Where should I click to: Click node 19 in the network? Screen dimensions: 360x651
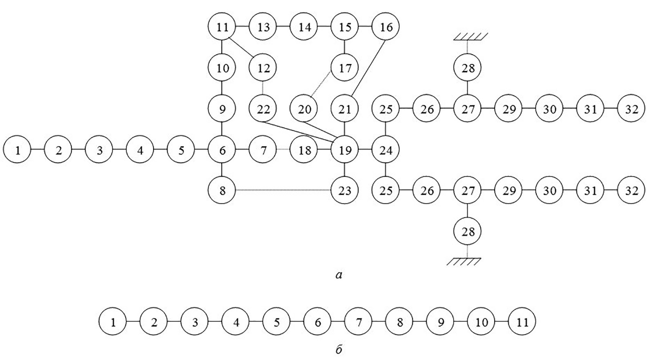pos(345,151)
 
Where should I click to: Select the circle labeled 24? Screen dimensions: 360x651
pos(386,151)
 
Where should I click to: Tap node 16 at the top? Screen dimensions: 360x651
pos(386,27)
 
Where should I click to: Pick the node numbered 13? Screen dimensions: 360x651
pos(263,27)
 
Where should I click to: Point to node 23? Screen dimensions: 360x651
pos(345,191)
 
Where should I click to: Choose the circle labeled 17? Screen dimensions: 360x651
pos(345,68)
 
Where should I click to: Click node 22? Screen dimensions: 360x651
pos(263,109)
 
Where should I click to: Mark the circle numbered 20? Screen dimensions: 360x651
pos(304,109)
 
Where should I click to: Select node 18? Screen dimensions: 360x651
pos(304,151)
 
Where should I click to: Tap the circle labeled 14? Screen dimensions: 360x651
pos(304,27)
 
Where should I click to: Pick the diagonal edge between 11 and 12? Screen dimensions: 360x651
pos(243,47)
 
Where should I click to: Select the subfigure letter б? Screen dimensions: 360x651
pos(339,350)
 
